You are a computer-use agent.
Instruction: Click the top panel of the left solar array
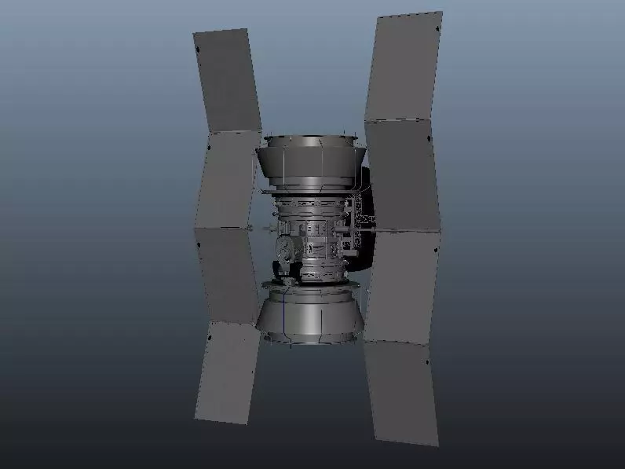(227, 81)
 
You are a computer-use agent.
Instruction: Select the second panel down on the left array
(228, 180)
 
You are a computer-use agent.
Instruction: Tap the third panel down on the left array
(228, 275)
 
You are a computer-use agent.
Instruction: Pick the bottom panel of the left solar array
(228, 373)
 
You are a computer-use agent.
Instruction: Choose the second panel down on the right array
(401, 175)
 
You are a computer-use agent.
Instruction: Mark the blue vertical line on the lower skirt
(283, 318)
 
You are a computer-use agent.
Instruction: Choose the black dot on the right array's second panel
(429, 139)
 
